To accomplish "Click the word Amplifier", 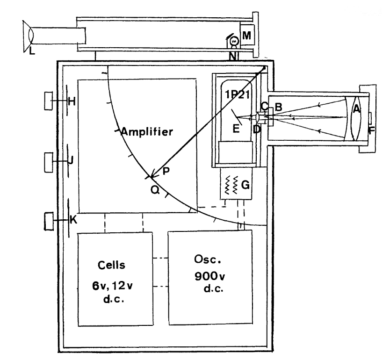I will (147, 132).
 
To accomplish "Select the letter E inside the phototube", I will (237, 130).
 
